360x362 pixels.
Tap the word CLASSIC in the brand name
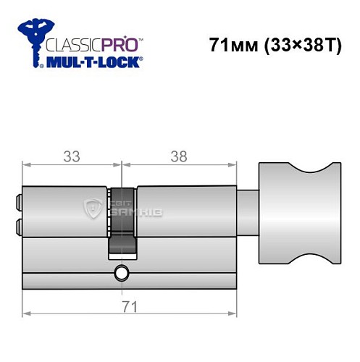(x=71, y=43)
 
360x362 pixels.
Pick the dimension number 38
(x=177, y=156)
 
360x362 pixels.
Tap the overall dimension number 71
(x=131, y=307)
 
